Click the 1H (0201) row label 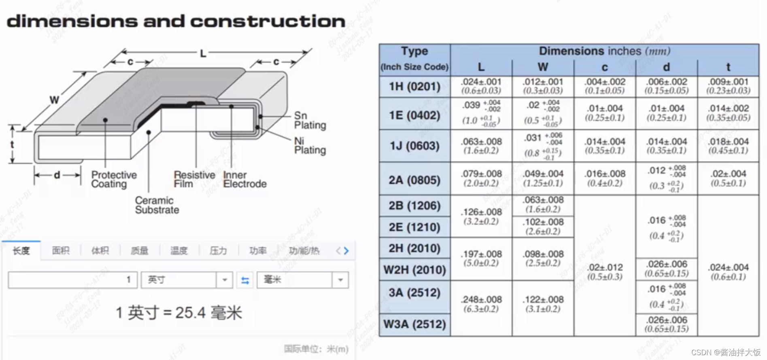click(414, 87)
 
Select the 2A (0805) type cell click(414, 180)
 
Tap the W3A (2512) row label click(414, 324)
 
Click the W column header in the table click(543, 67)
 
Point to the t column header click(728, 67)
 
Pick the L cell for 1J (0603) click(481, 146)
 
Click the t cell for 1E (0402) click(728, 113)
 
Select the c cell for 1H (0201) click(605, 86)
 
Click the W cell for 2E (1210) click(543, 227)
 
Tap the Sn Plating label click(310, 121)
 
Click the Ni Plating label click(310, 146)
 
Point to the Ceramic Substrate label click(157, 205)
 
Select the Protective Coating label click(114, 179)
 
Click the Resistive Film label click(194, 179)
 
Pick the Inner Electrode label click(244, 179)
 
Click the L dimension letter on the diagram click(203, 53)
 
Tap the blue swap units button click(245, 280)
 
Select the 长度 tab click(21, 251)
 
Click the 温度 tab click(178, 251)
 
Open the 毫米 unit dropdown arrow click(340, 280)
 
